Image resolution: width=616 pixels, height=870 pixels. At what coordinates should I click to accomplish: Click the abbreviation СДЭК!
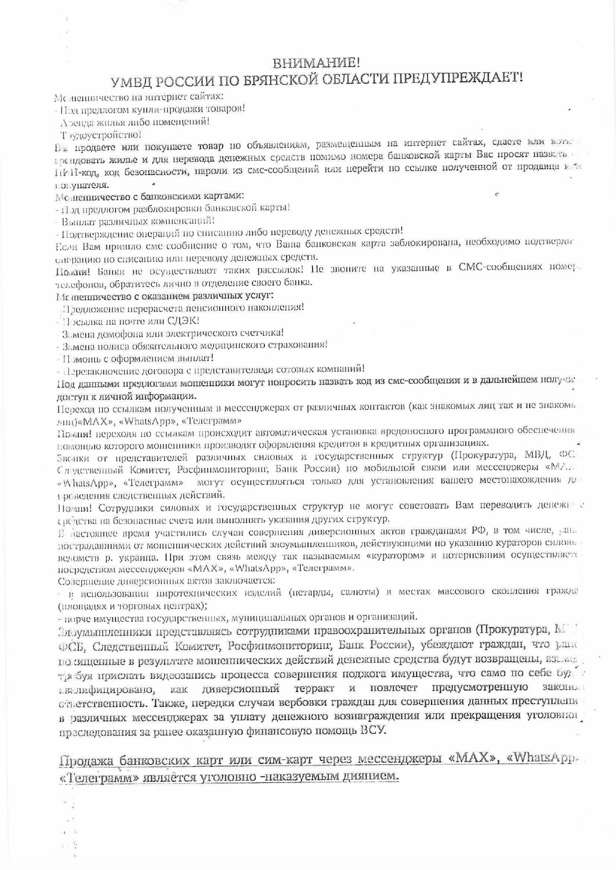[x=183, y=320]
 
